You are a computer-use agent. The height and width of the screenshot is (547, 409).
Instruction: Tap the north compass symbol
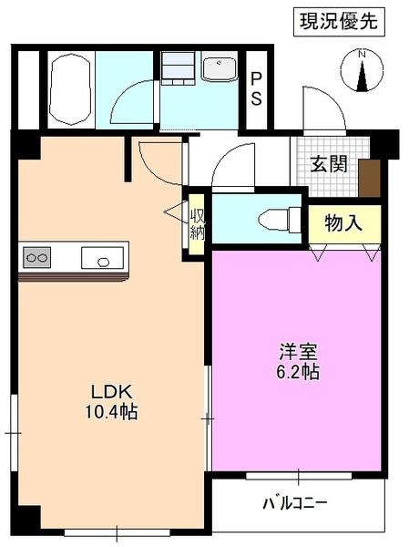(363, 72)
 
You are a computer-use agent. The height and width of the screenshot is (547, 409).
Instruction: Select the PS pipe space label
(257, 88)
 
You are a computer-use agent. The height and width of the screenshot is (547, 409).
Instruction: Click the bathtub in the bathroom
(70, 89)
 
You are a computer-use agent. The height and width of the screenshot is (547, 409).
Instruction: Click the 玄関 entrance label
(328, 164)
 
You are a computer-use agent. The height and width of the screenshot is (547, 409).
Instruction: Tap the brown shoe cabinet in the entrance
(369, 177)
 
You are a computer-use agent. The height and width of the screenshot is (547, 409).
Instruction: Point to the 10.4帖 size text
(110, 413)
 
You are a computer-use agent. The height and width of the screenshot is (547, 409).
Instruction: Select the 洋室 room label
(298, 352)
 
